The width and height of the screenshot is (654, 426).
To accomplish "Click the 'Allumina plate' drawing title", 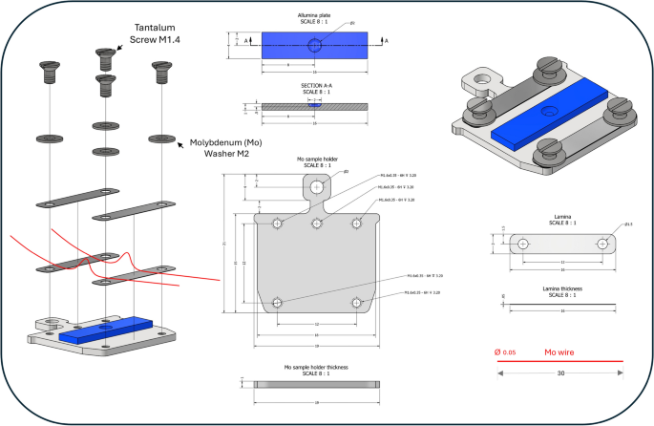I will [315, 16].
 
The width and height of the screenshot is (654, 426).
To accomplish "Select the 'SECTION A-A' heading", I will [315, 86].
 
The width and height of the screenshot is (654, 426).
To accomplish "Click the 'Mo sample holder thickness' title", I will [315, 367].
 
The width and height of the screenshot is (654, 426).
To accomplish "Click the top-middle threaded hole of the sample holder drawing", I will [316, 224].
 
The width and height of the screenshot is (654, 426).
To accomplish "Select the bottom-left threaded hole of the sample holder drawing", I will [276, 303].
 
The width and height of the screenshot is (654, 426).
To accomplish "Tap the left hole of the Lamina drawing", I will [522, 244].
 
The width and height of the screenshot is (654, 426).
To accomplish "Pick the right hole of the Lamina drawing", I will [602, 244].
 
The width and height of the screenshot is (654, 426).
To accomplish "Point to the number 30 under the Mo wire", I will [559, 373].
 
